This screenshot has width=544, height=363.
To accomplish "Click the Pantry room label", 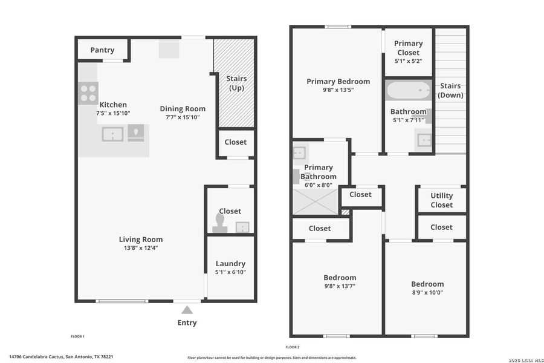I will [x=102, y=50].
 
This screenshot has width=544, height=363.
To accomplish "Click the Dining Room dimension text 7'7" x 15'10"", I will [x=183, y=117].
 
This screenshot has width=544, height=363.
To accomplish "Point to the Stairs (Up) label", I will [x=236, y=83].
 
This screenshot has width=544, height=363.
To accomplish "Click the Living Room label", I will [x=140, y=239].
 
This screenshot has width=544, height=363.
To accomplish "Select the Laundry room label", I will [x=230, y=263].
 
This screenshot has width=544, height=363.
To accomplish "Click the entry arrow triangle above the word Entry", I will [x=187, y=310].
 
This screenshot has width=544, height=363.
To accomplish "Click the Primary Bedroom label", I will [x=338, y=81].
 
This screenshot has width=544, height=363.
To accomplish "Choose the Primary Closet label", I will [x=408, y=48].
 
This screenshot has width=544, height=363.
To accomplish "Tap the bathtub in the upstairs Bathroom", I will [x=408, y=91].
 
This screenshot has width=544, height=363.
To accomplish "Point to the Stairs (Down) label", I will [x=450, y=91].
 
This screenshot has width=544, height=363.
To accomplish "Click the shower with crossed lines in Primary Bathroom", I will [x=315, y=201].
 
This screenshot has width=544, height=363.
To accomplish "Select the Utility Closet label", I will [x=441, y=200].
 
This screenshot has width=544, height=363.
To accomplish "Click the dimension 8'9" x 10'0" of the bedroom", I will [x=427, y=293].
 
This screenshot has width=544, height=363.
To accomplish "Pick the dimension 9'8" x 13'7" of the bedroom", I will [x=339, y=286].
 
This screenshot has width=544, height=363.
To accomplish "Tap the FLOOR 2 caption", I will [x=292, y=347].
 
